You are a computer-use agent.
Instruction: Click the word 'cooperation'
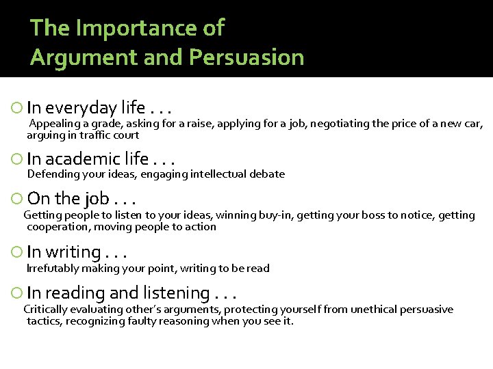point(58,227)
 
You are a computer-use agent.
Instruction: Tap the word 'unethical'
point(375,310)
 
